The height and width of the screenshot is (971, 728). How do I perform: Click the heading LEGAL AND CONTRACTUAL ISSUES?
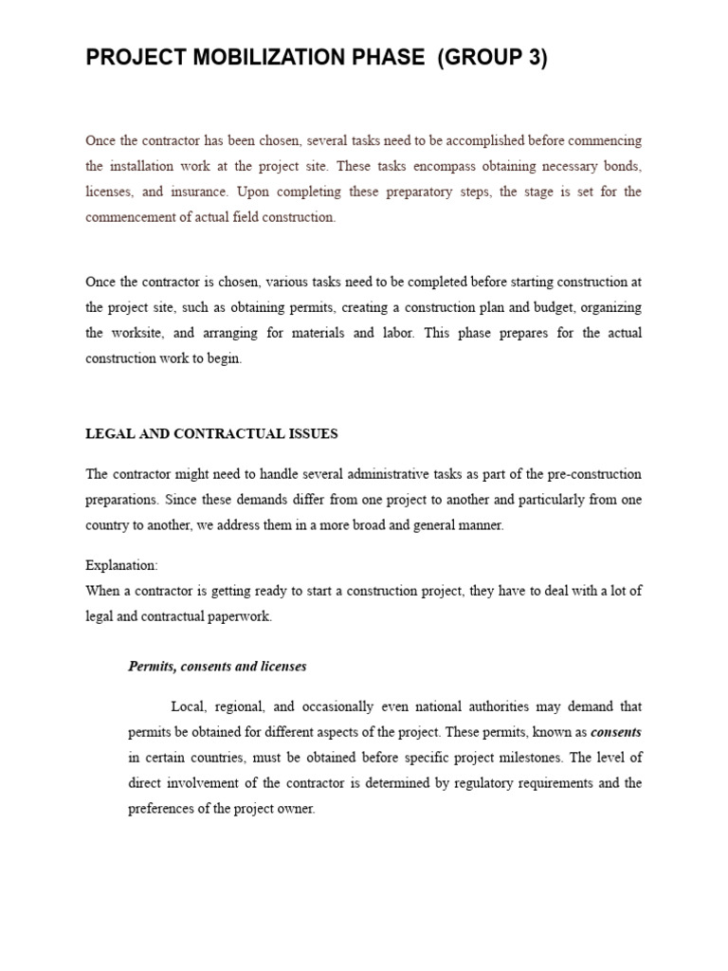(x=211, y=434)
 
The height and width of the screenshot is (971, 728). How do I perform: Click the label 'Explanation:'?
(x=121, y=565)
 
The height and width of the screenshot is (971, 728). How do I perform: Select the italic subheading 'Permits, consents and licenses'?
(x=217, y=667)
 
